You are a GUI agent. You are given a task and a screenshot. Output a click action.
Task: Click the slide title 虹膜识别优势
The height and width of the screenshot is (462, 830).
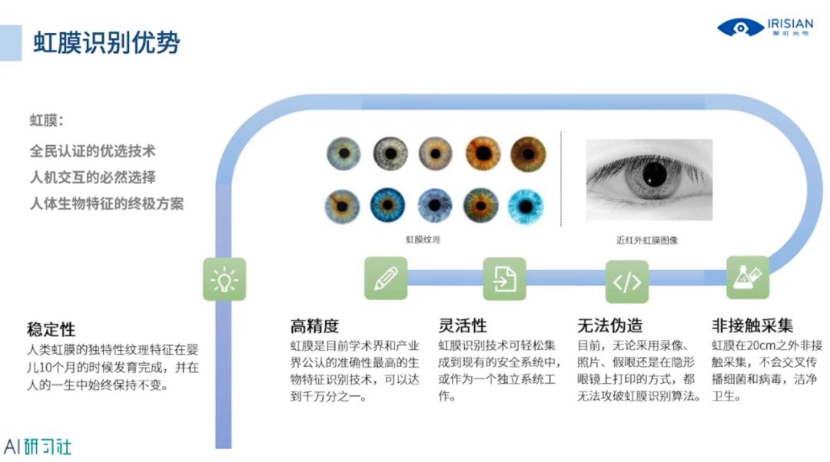[107, 42]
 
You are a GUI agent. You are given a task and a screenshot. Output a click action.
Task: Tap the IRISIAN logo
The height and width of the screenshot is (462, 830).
[765, 28]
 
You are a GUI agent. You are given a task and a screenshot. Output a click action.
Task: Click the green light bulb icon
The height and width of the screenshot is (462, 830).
[224, 279]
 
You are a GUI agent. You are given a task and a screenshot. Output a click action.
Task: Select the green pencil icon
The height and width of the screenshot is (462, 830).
[385, 278]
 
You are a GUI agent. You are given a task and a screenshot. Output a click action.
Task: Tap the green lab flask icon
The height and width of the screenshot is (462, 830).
[748, 277]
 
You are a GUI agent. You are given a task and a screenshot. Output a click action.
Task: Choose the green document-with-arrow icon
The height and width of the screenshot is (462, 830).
[504, 278]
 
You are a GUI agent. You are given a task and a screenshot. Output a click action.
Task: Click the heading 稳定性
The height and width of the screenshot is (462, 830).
[51, 330]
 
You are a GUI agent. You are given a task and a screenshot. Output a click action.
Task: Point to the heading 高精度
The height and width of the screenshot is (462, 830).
[314, 325]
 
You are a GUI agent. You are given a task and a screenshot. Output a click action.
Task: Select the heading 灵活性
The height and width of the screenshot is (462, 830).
[463, 325]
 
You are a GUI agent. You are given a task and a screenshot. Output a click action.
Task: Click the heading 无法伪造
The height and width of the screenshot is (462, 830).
[610, 325]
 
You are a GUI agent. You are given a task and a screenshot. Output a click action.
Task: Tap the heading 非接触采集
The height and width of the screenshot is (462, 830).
[752, 325]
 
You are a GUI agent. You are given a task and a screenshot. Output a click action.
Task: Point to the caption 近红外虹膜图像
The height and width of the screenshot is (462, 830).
[647, 240]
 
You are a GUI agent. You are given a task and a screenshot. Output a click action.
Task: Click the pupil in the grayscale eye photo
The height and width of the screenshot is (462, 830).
[654, 172]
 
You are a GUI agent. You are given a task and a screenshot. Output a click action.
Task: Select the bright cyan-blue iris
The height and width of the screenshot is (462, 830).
[529, 206]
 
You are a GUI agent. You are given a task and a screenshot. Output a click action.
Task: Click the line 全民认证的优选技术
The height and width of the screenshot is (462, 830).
[87, 151]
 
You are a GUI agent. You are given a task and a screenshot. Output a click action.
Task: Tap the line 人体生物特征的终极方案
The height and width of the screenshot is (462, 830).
[107, 204]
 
